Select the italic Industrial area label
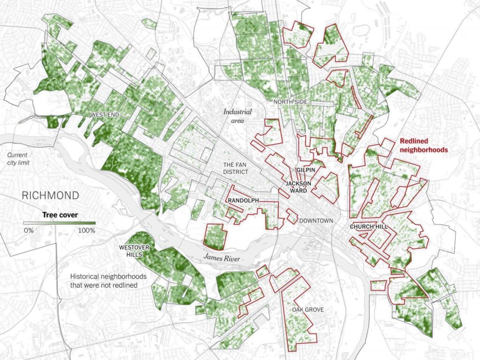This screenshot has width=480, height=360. [237, 116]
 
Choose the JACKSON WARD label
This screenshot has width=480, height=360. [297, 187]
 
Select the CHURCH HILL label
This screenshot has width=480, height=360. [369, 227]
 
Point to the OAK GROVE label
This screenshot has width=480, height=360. [307, 309]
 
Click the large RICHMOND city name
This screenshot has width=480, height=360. [50, 195]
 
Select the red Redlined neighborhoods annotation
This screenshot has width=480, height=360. [423, 145]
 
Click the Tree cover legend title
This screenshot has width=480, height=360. [60, 215]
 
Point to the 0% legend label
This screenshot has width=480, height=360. [29, 230]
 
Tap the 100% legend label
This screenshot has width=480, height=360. [87, 230]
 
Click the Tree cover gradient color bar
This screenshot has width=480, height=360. [60, 223]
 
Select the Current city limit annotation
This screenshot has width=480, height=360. [16, 158]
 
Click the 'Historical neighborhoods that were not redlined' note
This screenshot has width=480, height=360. [106, 280]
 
